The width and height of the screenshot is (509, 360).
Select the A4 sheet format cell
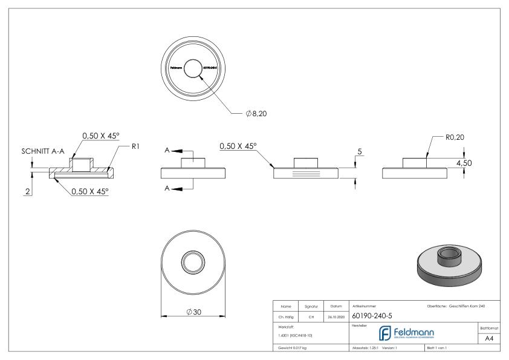point(490,338)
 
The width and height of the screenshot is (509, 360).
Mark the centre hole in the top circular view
point(194,68)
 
